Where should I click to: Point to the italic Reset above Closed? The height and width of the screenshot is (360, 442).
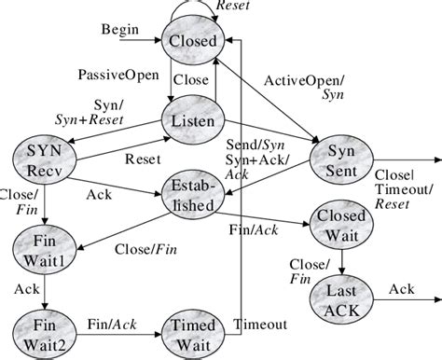click(232, 6)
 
